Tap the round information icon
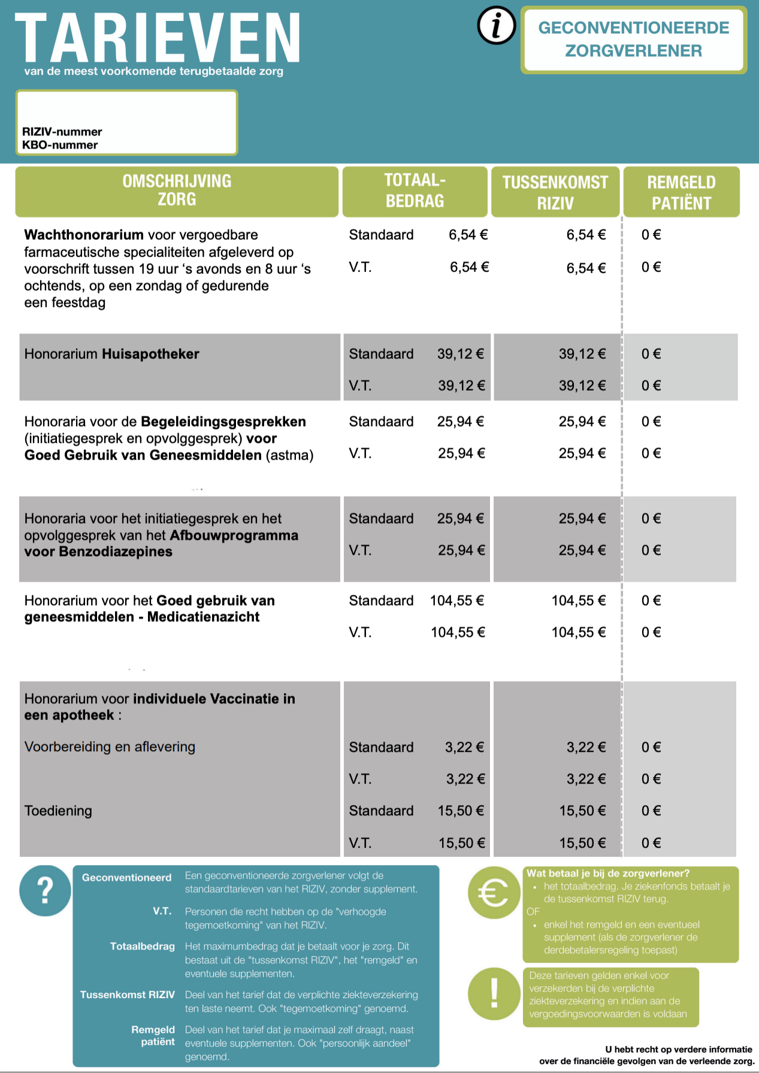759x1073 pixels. [496, 26]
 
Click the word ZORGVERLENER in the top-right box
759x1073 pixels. [633, 51]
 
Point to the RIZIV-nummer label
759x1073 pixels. [62, 132]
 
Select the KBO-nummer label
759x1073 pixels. [60, 145]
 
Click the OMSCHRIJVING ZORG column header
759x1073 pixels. [177, 191]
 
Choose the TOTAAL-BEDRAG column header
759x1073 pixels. [415, 191]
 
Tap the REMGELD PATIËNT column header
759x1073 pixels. [681, 192]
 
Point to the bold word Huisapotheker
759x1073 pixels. [150, 354]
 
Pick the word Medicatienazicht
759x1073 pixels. [203, 617]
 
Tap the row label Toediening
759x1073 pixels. [58, 811]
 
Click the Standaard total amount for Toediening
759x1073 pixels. [460, 811]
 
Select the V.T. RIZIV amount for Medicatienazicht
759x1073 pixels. [578, 633]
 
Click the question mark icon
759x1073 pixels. [45, 891]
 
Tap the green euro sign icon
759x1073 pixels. [493, 893]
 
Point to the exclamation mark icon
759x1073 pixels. [494, 994]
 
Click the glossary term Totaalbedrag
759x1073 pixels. [142, 947]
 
